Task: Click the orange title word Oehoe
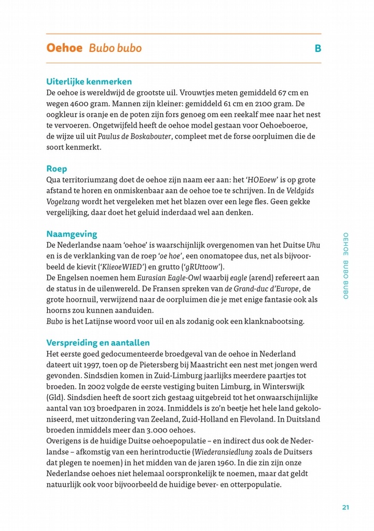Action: (x=64, y=48)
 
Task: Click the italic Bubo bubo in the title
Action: (x=115, y=48)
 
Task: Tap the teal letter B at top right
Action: (x=317, y=49)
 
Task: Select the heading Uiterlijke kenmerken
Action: (x=89, y=81)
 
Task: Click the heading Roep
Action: (x=57, y=169)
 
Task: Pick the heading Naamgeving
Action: (x=72, y=234)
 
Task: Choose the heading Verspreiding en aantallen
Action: (x=98, y=343)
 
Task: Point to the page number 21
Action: (x=345, y=507)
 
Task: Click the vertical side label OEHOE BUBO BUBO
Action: (x=345, y=265)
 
